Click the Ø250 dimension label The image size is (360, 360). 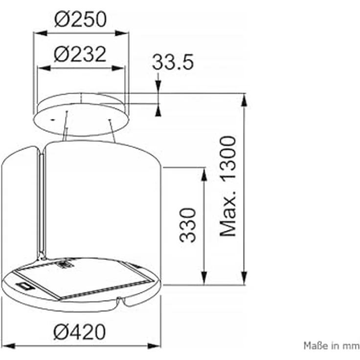click(80, 19)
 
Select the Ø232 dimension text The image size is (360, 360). click(80, 54)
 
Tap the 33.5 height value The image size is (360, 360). click(173, 62)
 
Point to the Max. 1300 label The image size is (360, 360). click(228, 186)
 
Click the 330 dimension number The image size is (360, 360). click(187, 225)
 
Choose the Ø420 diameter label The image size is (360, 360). click(79, 332)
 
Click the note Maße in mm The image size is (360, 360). click(332, 345)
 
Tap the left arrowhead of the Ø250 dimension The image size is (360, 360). click(40, 33)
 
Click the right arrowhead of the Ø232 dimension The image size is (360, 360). click(118, 68)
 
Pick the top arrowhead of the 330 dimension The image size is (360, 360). click(204, 175)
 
